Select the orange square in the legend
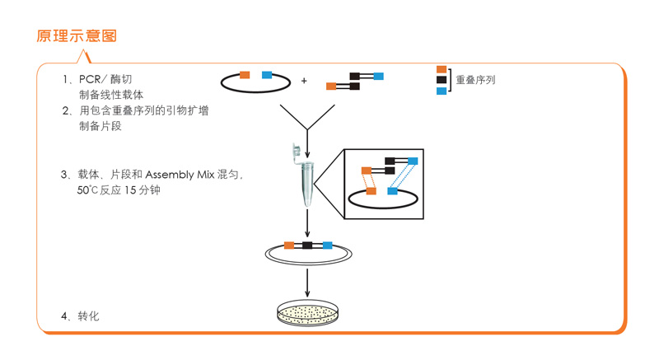coord(442,70)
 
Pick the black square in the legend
coord(442,80)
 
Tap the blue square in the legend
coord(442,91)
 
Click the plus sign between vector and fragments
coord(304,81)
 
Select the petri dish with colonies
coord(307,313)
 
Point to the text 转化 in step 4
coord(88,316)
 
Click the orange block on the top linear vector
coord(245,75)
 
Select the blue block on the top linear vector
coord(267,75)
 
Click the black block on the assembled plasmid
coord(307,245)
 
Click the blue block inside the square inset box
coord(393,191)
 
